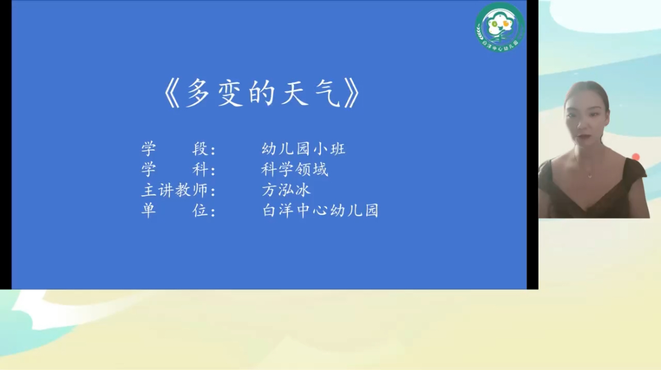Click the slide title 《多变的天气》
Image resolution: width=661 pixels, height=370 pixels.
point(262,93)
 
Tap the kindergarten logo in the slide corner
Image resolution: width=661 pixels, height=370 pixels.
point(500,27)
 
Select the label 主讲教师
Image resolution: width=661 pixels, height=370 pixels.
point(174,190)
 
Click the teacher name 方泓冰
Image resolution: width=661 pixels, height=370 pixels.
point(286,190)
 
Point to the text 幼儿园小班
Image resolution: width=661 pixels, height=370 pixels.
point(303,148)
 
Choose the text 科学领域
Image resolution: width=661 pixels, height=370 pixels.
point(295,169)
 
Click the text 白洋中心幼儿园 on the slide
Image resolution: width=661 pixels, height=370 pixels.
point(320,210)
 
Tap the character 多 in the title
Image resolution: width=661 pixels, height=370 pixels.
point(198,93)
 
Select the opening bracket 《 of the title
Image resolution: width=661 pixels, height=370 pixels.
point(172,93)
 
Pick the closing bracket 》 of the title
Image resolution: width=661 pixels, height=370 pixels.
point(353,93)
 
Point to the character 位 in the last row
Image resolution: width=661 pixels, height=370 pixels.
point(200,210)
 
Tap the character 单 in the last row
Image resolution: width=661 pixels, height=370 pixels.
point(149,210)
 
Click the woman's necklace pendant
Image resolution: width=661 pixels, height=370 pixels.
point(590,176)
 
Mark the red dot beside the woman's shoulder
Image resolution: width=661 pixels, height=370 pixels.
point(636,157)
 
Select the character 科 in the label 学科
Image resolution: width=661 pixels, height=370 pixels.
point(200,169)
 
